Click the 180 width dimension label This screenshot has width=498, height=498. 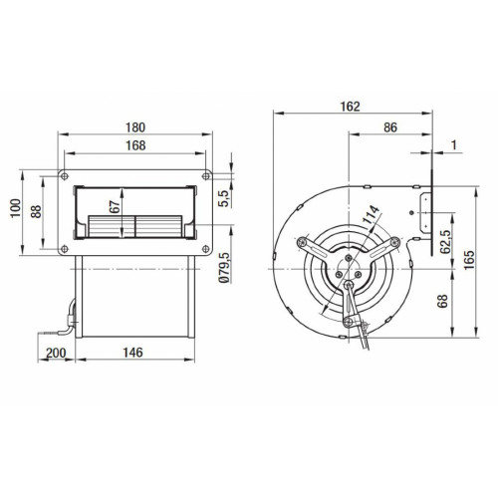(135, 127)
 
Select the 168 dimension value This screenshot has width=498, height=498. (135, 145)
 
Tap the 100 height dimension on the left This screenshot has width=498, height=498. (16, 208)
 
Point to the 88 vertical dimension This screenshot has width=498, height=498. (36, 211)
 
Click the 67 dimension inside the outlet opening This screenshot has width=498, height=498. (115, 207)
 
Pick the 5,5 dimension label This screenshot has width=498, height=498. (224, 198)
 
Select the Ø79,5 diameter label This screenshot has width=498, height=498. (224, 268)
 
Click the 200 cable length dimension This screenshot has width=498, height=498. (56, 353)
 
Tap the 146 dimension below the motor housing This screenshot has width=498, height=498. (133, 353)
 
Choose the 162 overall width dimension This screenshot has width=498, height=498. (351, 107)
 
